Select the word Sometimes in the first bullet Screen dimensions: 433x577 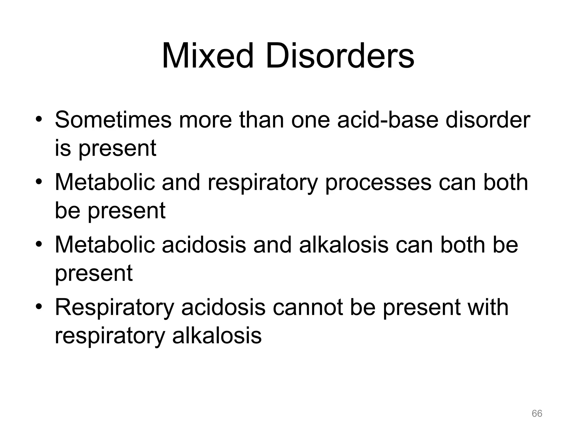click(x=113, y=120)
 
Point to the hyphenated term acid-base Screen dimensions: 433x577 click(x=388, y=120)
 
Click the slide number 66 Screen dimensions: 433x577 click(x=537, y=414)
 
